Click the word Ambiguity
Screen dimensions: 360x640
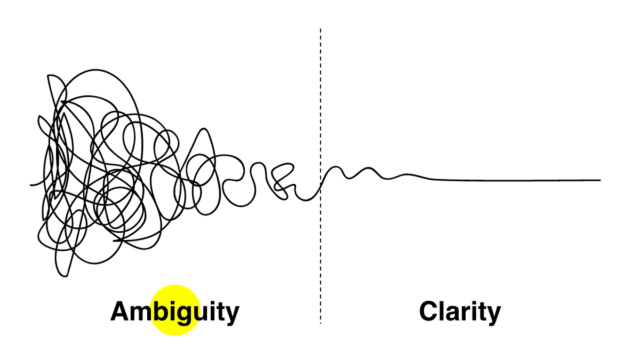174,311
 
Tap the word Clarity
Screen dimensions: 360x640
460,311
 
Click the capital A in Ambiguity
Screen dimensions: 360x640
121,311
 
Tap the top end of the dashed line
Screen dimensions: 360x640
321,29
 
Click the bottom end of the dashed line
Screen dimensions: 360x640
321,323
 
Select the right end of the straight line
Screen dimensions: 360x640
601,180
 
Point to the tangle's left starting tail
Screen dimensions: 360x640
31,185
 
